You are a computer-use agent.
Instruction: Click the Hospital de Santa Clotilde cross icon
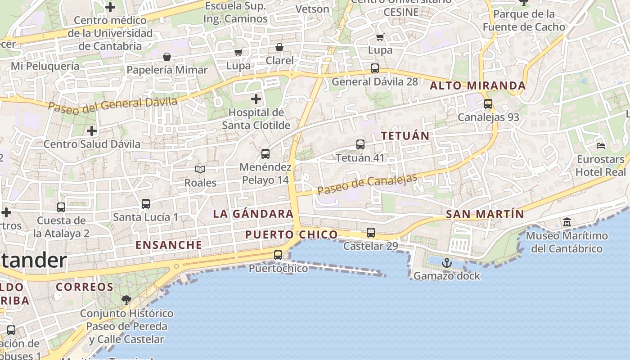coord(256,99)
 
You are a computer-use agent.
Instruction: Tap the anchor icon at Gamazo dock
coord(446,262)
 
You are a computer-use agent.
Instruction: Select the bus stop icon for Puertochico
coord(278,255)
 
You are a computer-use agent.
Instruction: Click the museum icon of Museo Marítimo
coord(567,222)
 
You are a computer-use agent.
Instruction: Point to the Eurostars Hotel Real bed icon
coord(601,145)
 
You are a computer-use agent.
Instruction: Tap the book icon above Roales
coord(200,169)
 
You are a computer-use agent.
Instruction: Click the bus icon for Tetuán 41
coord(360,144)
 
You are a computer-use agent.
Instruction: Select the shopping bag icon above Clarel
coord(279,47)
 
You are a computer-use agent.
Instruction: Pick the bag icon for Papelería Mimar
coord(167,57)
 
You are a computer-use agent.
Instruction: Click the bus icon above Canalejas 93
coord(488,104)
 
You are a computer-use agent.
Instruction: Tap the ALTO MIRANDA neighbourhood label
coord(478,85)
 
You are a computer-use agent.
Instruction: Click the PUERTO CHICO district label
coord(291,234)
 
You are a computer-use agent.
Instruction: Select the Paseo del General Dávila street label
coord(112,104)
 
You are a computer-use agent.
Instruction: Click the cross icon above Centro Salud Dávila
coord(92,131)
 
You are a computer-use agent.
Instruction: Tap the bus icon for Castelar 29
coord(371,233)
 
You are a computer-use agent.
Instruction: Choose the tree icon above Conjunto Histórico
coord(126,300)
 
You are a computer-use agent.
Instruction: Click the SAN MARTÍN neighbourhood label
coord(485,214)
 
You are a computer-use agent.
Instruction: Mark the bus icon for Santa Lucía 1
coord(146,204)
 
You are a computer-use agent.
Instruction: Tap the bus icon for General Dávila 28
coord(375,68)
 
